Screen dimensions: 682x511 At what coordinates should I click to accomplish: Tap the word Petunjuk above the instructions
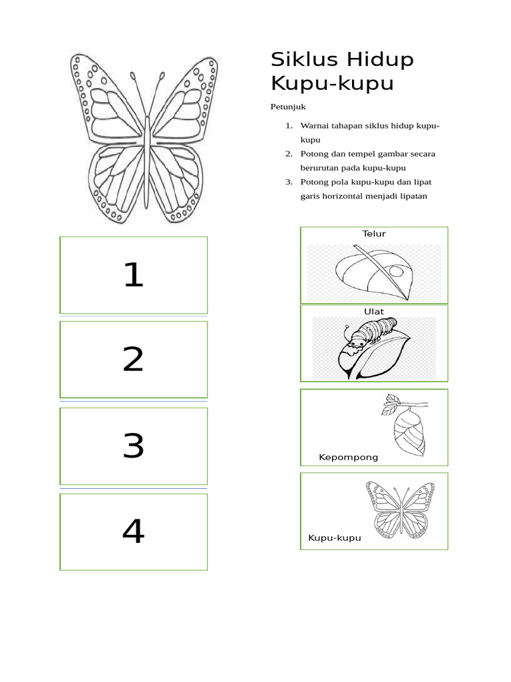[x=287, y=107]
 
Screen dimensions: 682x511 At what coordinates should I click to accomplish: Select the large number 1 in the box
[x=134, y=274]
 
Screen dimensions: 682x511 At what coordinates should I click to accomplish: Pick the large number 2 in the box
[x=133, y=360]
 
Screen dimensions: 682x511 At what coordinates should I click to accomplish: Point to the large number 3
[x=133, y=446]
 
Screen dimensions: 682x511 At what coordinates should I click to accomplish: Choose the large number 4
[x=133, y=531]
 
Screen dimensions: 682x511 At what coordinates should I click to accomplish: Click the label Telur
[x=374, y=234]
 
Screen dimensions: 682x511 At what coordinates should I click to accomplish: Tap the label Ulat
[x=374, y=312]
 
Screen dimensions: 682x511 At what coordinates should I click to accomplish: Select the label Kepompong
[x=348, y=458]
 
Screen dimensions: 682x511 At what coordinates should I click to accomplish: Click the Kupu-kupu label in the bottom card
[x=334, y=538]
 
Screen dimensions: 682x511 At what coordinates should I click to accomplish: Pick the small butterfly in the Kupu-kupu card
[x=400, y=510]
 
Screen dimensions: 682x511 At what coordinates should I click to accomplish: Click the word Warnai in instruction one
[x=315, y=126]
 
